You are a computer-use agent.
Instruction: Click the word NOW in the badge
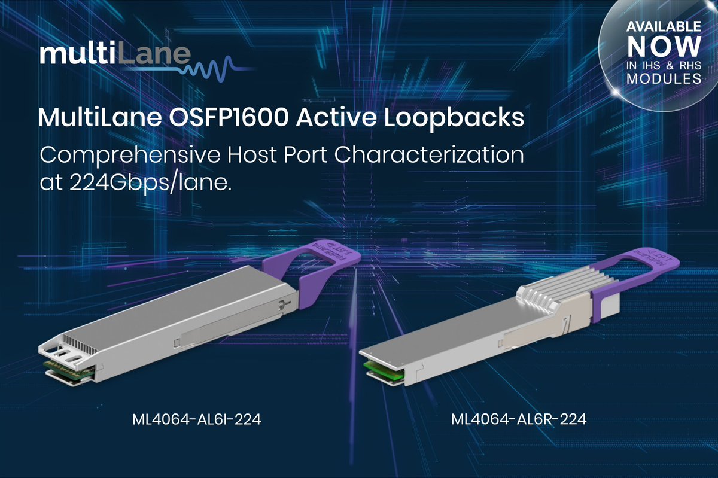click(664, 47)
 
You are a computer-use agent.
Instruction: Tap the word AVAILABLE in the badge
click(664, 27)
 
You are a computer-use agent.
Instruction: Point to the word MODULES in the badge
click(664, 78)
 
